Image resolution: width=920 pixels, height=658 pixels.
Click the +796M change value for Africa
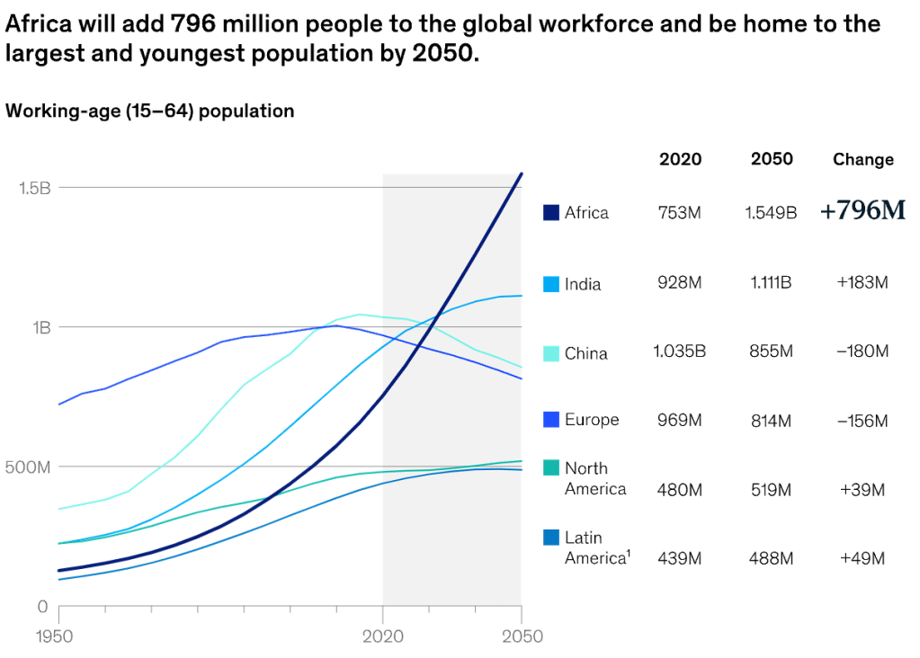(862, 211)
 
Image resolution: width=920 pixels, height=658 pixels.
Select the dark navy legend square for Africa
(551, 213)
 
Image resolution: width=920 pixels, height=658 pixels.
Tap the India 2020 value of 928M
(680, 283)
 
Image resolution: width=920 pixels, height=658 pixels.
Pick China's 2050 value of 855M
(771, 351)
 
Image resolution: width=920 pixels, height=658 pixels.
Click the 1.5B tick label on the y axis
(34, 188)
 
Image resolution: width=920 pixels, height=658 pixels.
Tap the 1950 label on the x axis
(58, 636)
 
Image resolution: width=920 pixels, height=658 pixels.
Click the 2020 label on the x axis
(383, 636)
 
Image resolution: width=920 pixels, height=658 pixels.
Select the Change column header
(862, 160)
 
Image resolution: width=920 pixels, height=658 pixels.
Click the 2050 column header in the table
(772, 159)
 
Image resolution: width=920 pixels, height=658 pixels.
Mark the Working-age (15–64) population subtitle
(150, 111)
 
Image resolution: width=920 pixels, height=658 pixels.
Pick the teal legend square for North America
(551, 468)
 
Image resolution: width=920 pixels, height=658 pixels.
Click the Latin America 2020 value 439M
(680, 558)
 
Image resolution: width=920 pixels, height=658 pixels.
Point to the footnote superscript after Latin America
(628, 554)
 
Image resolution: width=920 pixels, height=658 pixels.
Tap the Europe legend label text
(592, 420)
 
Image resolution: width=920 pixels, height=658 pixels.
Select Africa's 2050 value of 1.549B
(771, 214)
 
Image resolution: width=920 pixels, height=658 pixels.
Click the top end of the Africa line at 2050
(521, 174)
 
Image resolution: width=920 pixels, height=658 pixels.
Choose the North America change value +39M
(862, 490)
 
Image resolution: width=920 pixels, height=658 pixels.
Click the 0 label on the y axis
(41, 607)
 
